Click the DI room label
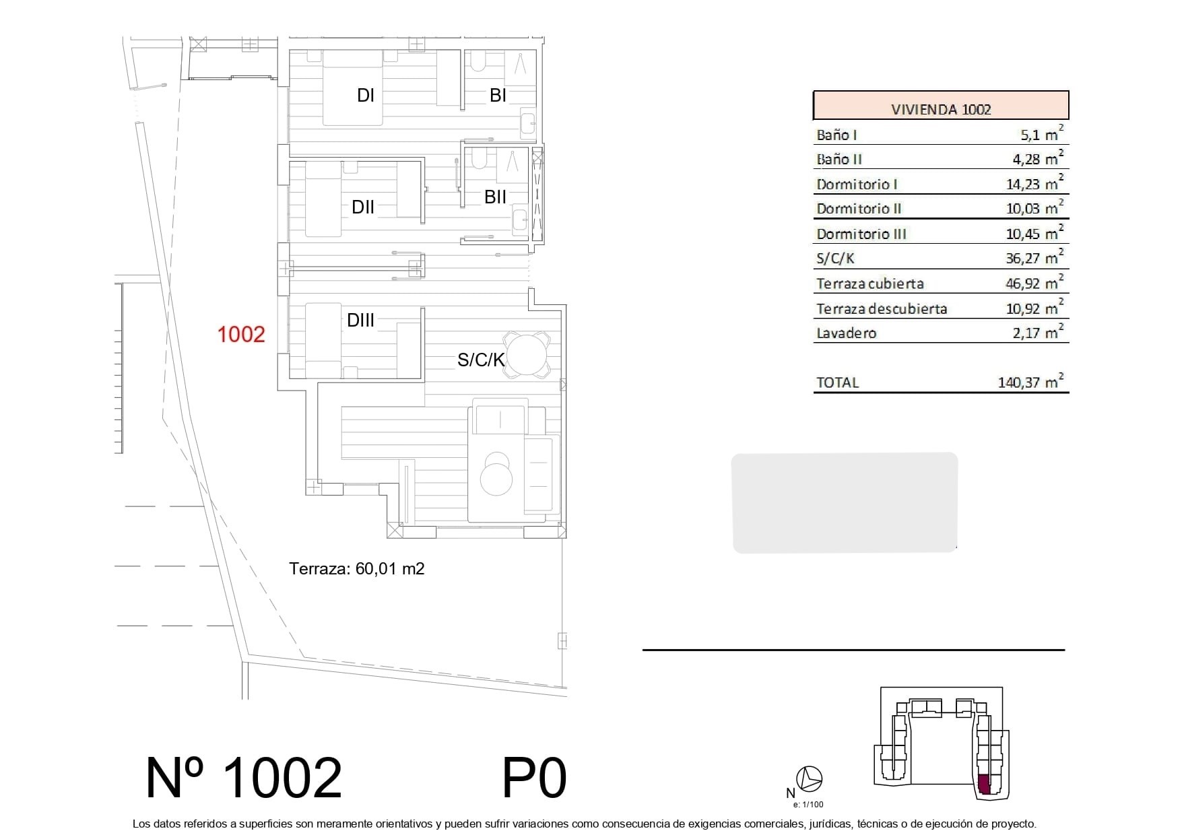pos(365,96)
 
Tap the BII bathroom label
pos(496,197)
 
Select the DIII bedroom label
pos(360,321)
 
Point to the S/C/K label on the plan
pos(481,360)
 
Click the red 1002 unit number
pos(241,334)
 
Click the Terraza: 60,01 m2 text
pos(357,569)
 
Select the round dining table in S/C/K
pos(527,356)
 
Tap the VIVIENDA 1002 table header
pos(941,109)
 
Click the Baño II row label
pos(839,160)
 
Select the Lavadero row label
pos(847,333)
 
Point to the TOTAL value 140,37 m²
pos(1031,382)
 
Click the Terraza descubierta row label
pos(882,309)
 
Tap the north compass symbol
pos(809,779)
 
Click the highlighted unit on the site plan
pos(984,785)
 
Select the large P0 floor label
pos(535,778)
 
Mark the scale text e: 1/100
pos(808,804)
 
